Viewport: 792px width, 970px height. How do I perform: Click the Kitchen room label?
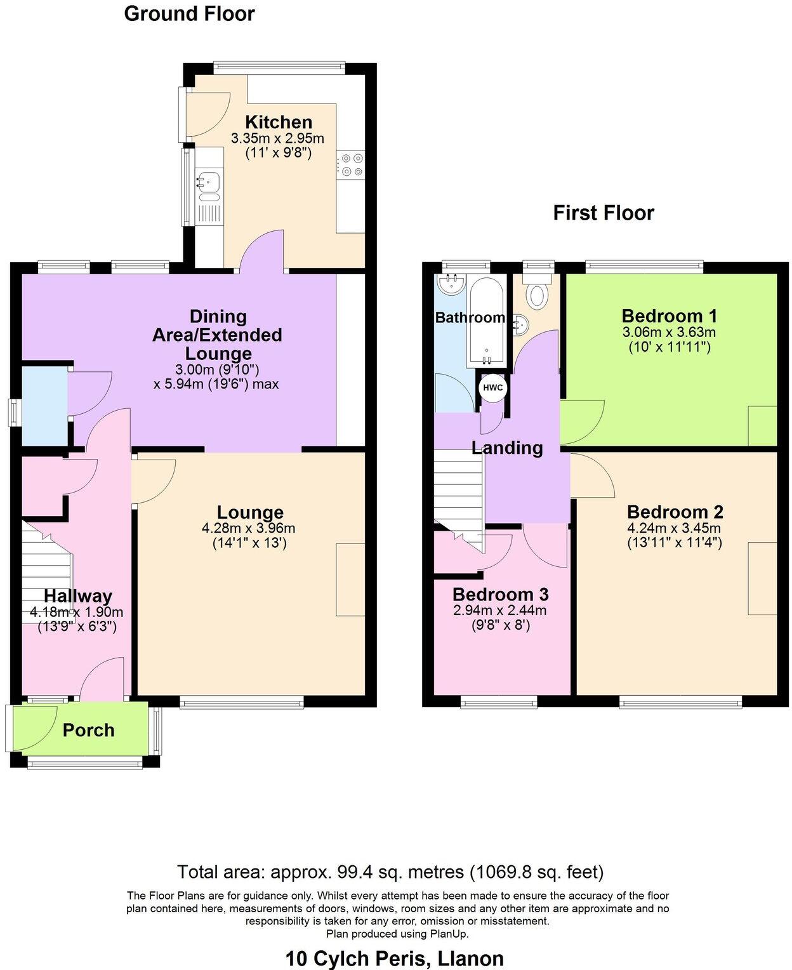(x=279, y=122)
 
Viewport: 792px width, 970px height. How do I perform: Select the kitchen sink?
(x=208, y=181)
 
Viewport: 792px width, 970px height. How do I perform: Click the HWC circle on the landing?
(x=493, y=388)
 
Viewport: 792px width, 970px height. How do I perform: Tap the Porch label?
(x=88, y=730)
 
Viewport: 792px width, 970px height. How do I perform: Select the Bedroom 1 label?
(x=669, y=316)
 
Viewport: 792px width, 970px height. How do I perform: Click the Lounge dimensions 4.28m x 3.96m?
(x=248, y=528)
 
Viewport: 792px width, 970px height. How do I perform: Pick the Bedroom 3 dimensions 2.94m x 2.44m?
(x=499, y=611)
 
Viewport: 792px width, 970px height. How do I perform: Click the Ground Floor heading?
(x=189, y=13)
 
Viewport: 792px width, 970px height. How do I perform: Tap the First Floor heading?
(x=603, y=213)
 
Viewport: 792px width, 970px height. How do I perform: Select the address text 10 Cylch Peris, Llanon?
(x=394, y=958)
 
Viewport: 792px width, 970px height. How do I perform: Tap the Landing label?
(x=507, y=448)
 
